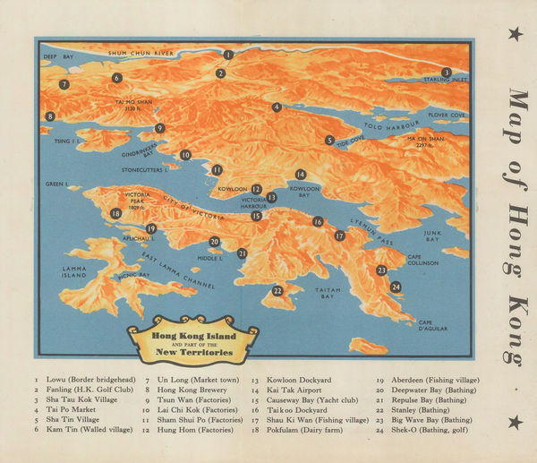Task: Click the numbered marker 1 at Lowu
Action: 228,55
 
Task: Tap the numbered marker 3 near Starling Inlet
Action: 446,73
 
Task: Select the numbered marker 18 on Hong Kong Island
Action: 115,213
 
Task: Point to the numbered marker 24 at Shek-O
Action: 395,287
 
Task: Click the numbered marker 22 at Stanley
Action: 277,290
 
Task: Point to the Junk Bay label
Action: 432,236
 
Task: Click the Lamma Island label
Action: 74,271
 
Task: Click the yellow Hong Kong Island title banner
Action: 192,340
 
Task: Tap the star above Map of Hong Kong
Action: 515,34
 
